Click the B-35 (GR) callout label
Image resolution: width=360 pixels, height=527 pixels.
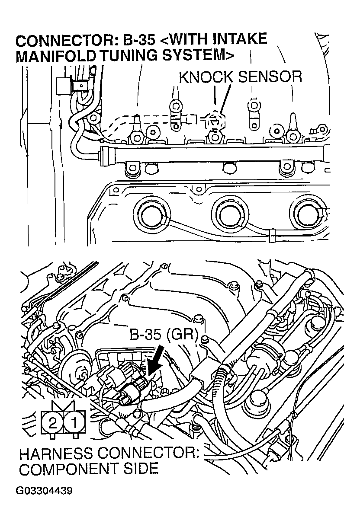coord(163,335)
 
